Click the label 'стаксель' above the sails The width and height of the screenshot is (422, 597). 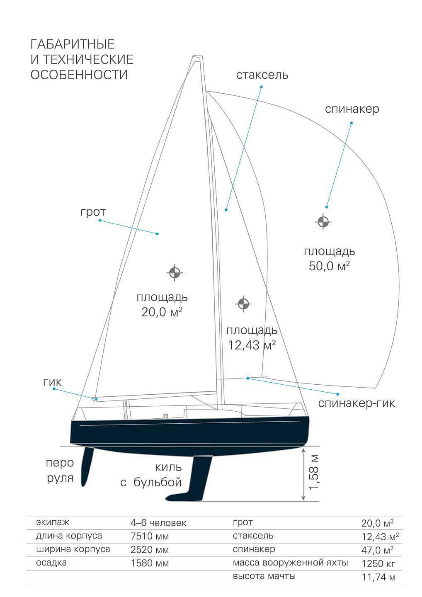[x=262, y=75]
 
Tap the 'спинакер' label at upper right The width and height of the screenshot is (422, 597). [x=352, y=109]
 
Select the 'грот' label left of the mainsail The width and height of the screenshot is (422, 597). [x=93, y=212]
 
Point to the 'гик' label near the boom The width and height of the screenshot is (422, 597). [x=52, y=382]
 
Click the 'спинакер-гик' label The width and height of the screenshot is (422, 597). [x=357, y=403]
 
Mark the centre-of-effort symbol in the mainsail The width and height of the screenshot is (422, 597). [x=175, y=272]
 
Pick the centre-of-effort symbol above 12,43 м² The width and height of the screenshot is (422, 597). [x=243, y=304]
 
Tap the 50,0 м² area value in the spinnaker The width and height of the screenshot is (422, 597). [x=329, y=266]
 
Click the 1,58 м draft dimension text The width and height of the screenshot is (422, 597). [x=314, y=471]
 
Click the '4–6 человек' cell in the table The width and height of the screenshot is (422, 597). [x=158, y=523]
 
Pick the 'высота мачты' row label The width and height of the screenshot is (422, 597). [x=264, y=576]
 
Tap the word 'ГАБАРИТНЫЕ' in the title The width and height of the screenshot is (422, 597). [x=73, y=44]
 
